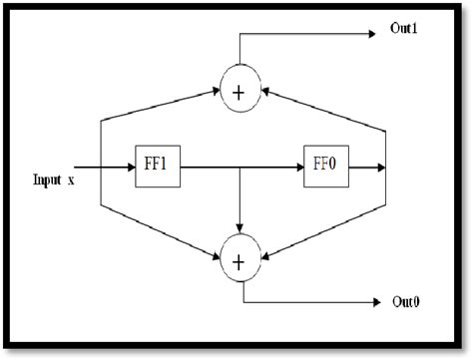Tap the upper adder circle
(239, 92)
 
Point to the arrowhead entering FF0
(298, 170)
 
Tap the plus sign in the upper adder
(239, 93)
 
